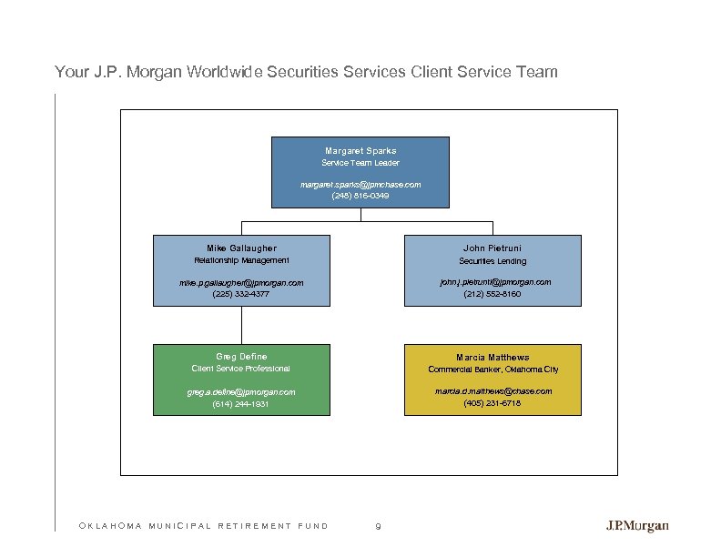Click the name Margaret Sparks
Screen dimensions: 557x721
(360, 150)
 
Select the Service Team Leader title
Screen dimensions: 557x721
(360, 163)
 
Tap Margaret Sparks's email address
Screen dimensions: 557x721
(360, 184)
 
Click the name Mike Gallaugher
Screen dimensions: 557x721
(241, 248)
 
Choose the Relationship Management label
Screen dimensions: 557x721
(241, 260)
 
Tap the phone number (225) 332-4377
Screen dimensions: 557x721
(241, 294)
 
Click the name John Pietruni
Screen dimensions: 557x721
(493, 248)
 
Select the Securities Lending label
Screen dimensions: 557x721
(493, 261)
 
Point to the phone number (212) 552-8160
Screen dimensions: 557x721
(493, 294)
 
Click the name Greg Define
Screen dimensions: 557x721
(241, 357)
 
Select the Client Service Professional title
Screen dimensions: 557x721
(241, 369)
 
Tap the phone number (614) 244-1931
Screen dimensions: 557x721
(241, 403)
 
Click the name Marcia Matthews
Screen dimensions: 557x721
(493, 358)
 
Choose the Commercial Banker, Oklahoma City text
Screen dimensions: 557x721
(493, 370)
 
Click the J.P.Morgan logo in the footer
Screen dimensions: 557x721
(637, 526)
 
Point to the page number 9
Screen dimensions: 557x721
(378, 526)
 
